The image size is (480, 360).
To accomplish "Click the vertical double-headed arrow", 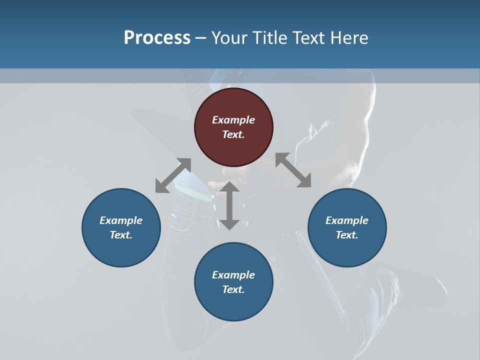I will pyautogui.click(x=229, y=205).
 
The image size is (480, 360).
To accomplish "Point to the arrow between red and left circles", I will pyautogui.click(x=173, y=175).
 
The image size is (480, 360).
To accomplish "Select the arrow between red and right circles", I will pyautogui.click(x=293, y=170).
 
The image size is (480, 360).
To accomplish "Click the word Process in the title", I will pyautogui.click(x=157, y=37).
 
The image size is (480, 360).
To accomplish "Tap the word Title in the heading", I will pyautogui.click(x=270, y=37).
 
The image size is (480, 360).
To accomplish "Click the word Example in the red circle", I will pyautogui.click(x=233, y=120).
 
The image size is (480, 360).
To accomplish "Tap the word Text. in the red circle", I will pyautogui.click(x=233, y=134).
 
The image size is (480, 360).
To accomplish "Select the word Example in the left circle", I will pyautogui.click(x=121, y=220).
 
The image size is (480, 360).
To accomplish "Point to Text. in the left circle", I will pyautogui.click(x=121, y=235).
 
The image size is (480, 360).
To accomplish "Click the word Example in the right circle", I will pyautogui.click(x=347, y=220).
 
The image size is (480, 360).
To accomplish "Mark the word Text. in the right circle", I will pyautogui.click(x=347, y=235).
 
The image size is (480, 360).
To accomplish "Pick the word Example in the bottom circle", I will pyautogui.click(x=233, y=275).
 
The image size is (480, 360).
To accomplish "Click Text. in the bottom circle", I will pyautogui.click(x=233, y=289).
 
